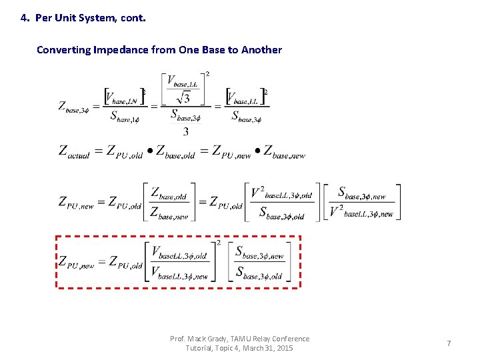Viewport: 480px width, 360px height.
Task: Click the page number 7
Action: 449,343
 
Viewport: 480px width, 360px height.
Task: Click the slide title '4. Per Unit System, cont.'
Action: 83,18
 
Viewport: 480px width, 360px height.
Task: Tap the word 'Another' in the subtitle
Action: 261,50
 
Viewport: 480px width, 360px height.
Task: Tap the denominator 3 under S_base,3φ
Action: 185,131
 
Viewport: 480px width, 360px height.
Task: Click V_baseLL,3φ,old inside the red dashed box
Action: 180,253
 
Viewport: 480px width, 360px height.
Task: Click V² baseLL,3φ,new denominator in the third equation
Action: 362,213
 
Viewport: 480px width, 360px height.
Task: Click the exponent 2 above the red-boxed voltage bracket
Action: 217,243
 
